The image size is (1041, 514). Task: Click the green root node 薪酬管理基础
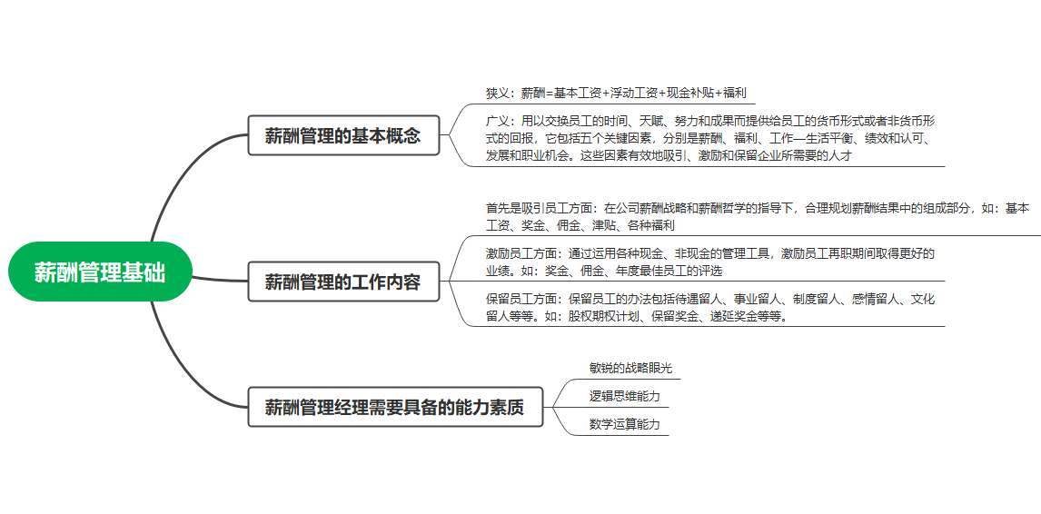[x=100, y=272]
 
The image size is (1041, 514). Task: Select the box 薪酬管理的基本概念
[x=344, y=136]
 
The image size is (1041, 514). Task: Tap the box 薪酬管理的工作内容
[x=344, y=281]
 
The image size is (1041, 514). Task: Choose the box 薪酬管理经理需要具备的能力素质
[x=395, y=407]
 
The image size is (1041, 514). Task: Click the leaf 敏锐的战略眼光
[x=630, y=368]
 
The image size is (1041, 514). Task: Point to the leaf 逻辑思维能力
[x=625, y=397]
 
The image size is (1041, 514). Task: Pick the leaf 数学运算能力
[x=625, y=425]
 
